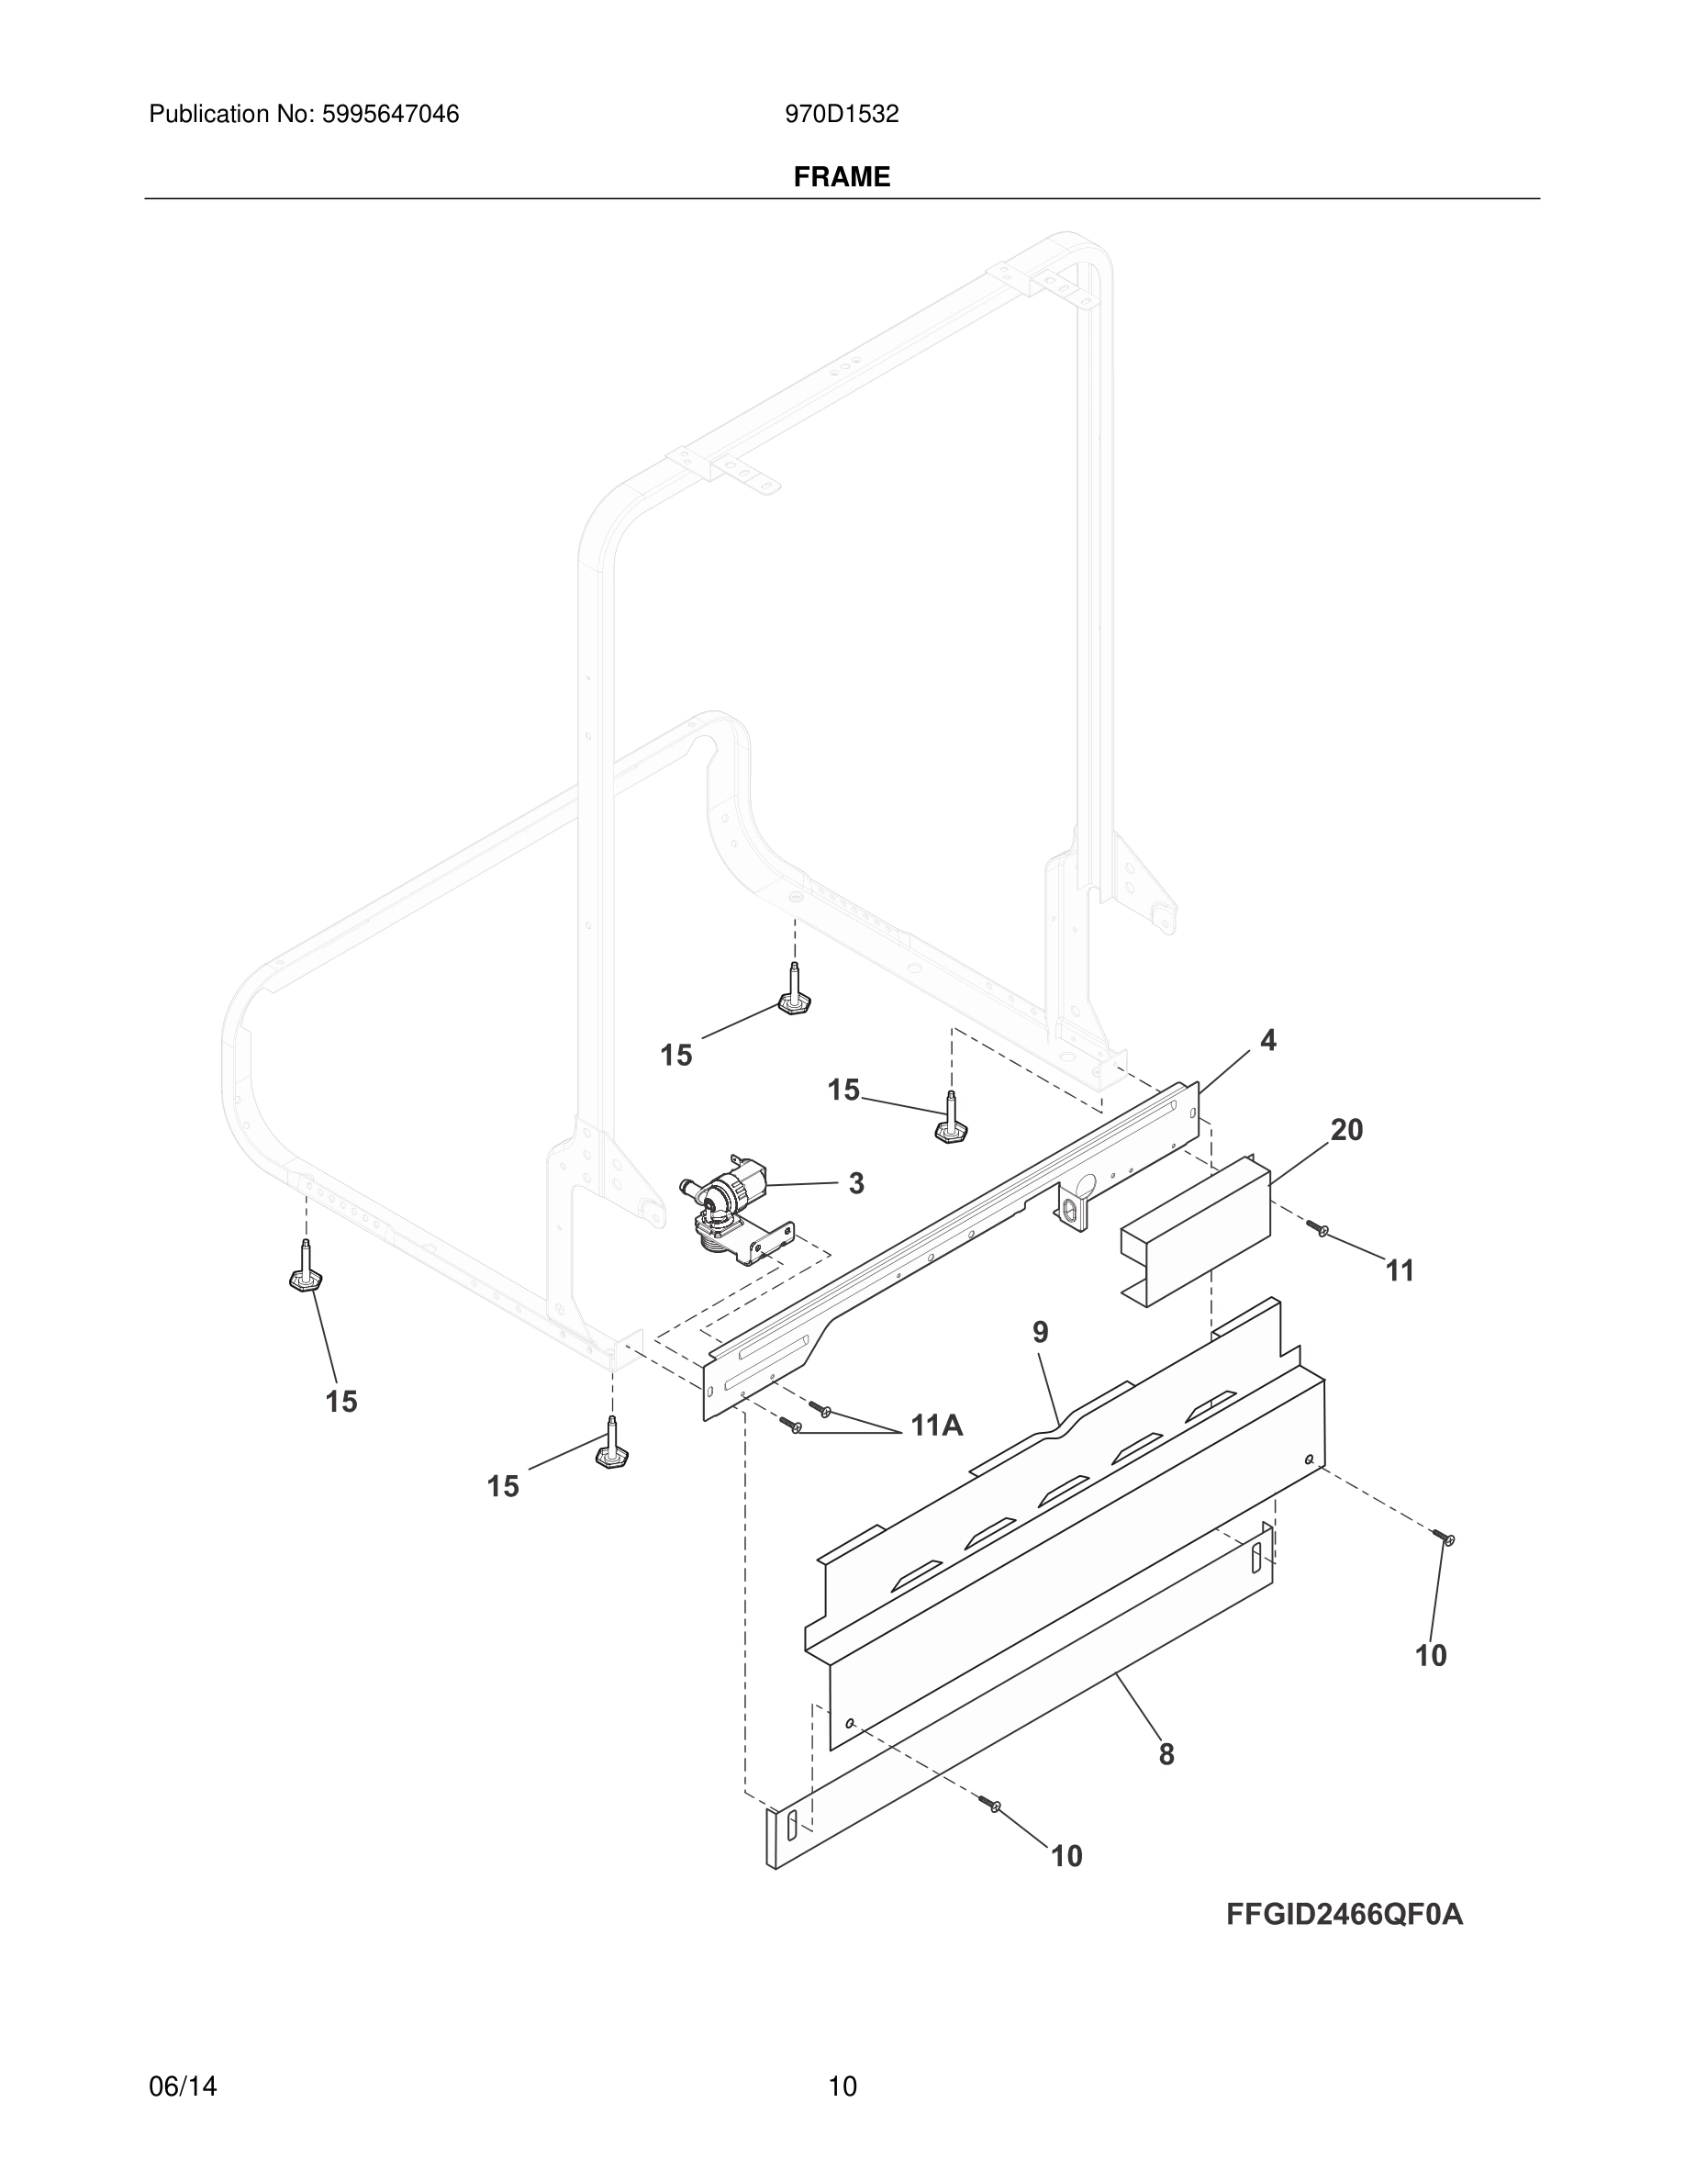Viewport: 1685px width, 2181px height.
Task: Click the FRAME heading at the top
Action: [842, 177]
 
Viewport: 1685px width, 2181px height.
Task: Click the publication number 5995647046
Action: [389, 115]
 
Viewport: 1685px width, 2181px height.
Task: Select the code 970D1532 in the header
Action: [842, 115]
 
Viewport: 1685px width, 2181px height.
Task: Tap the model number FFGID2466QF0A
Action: [1345, 1915]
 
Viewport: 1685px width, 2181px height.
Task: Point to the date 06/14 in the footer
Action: [183, 2086]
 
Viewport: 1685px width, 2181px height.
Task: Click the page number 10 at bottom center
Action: [842, 2086]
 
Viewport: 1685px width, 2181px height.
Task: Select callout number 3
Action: [855, 1183]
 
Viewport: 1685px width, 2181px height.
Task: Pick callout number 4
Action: [1267, 1041]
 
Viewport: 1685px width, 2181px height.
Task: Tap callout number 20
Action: [1346, 1129]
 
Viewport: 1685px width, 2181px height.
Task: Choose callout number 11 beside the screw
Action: [1400, 1270]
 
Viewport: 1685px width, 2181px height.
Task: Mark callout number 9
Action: [1040, 1331]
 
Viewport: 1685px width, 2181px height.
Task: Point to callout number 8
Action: [1166, 1753]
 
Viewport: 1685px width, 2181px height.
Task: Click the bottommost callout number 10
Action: [1066, 1856]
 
